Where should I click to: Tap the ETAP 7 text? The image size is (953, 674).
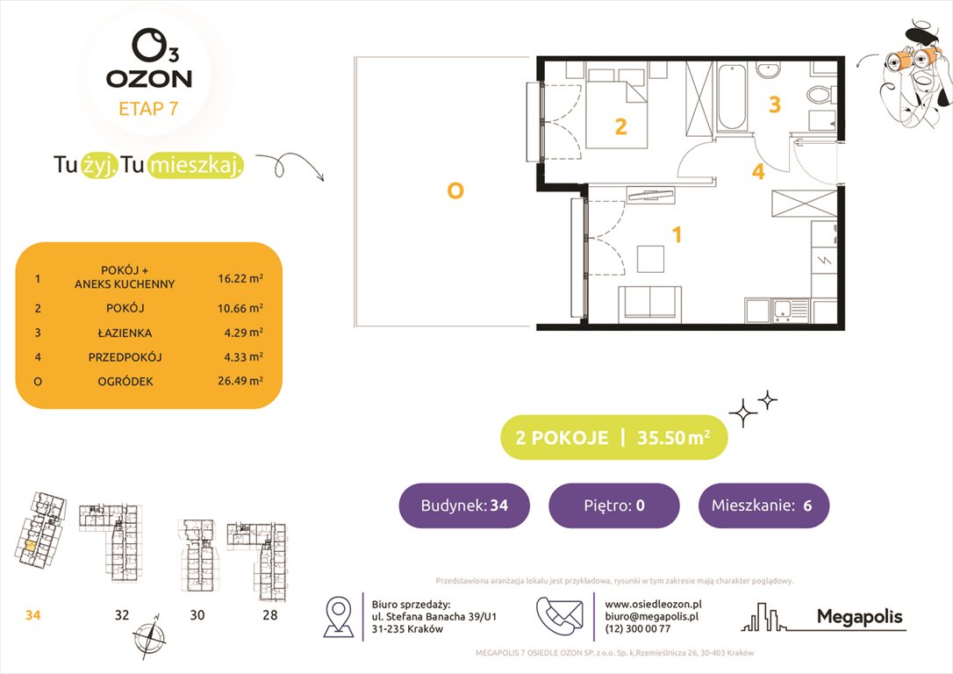(x=148, y=109)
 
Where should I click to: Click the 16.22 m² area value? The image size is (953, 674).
(x=240, y=278)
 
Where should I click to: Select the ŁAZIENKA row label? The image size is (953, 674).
(x=125, y=333)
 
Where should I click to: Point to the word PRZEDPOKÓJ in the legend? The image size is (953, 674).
(x=125, y=357)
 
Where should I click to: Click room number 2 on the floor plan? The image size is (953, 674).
(x=620, y=126)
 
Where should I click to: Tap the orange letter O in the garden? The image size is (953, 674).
(x=455, y=190)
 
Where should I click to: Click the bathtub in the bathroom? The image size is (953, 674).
(x=731, y=97)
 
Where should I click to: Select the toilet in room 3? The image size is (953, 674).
(x=821, y=95)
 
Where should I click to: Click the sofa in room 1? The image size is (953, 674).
(x=649, y=303)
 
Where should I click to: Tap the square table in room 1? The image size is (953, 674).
(x=650, y=259)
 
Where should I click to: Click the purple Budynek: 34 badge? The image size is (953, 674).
(x=464, y=505)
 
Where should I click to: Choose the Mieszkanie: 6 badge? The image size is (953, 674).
(x=763, y=505)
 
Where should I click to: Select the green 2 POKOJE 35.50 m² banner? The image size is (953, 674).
(x=614, y=438)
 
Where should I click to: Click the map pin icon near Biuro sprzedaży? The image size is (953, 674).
(x=339, y=616)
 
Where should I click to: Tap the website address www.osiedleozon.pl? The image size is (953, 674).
(x=654, y=604)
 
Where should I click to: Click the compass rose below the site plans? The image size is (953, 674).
(x=149, y=635)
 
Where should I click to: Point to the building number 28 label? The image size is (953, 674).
(x=270, y=615)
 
